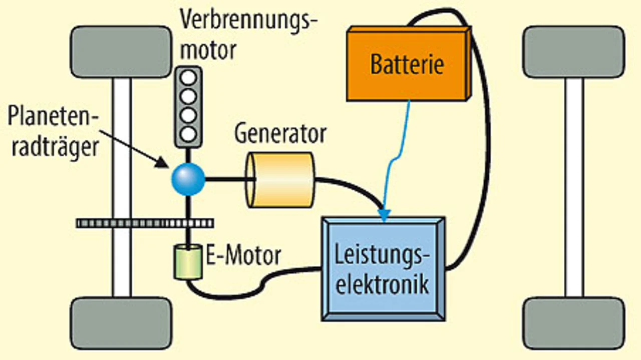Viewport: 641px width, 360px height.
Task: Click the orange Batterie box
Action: [407, 64]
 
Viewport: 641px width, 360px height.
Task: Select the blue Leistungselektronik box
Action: [383, 268]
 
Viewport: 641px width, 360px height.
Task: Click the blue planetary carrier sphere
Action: [188, 178]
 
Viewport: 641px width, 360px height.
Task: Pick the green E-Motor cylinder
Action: [188, 261]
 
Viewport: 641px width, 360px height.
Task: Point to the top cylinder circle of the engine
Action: [188, 78]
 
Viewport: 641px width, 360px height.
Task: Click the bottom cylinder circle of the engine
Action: [188, 133]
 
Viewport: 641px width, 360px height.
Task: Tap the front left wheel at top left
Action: [121, 52]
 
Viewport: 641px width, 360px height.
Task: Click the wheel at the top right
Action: [574, 52]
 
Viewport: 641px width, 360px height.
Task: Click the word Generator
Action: [280, 134]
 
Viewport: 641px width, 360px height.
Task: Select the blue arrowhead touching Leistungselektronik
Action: [384, 216]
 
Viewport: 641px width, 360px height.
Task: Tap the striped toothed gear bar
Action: [145, 223]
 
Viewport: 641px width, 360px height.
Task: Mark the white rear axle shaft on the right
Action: [574, 188]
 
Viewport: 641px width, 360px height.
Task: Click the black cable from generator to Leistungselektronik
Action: [351, 188]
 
